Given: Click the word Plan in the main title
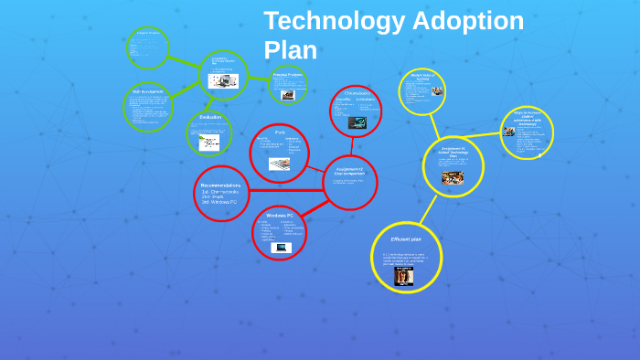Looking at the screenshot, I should point(290,50).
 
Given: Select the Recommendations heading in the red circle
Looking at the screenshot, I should point(220,185).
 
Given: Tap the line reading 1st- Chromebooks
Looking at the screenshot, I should point(220,191).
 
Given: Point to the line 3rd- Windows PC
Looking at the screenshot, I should point(219,202).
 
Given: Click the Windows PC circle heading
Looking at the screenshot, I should point(279,215).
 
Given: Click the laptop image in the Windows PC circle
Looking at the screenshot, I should point(281,247).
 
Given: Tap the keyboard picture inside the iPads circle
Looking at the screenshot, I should point(279,164).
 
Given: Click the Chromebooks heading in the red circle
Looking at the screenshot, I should point(357,93).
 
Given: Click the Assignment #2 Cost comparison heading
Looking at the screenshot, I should point(349,171).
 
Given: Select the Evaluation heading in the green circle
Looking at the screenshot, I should point(210,117).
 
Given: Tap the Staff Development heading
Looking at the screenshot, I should point(147,91).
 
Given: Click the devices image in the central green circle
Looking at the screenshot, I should point(219,81).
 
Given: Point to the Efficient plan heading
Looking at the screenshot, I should point(405,239).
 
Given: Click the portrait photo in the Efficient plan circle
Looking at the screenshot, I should point(403,275).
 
